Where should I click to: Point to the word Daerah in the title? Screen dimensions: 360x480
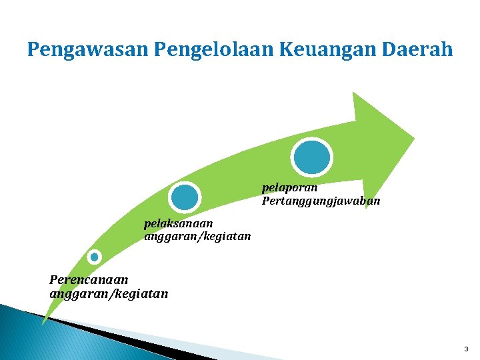pos(420,50)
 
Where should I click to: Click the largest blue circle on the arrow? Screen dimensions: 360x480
pos(311,157)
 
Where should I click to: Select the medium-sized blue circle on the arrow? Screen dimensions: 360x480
pos(185,197)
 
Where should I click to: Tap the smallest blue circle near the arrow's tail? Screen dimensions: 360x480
pos(95,257)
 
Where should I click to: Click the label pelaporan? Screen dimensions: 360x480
pos(290,188)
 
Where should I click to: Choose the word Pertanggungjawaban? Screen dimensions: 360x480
pos(321,200)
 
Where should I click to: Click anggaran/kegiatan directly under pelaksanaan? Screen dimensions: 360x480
pos(197,236)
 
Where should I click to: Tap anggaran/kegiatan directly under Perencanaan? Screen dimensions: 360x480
pos(109,293)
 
